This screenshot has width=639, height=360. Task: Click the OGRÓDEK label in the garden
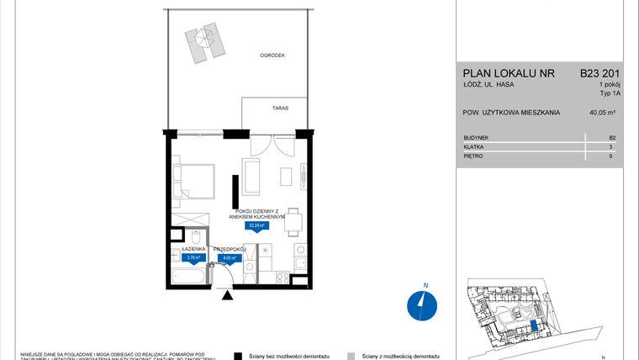click(273, 56)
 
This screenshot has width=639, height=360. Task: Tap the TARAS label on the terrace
click(257, 109)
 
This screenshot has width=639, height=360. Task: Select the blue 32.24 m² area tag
click(256, 225)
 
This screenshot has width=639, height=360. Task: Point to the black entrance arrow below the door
click(226, 294)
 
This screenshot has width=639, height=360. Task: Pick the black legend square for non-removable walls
click(239, 356)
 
